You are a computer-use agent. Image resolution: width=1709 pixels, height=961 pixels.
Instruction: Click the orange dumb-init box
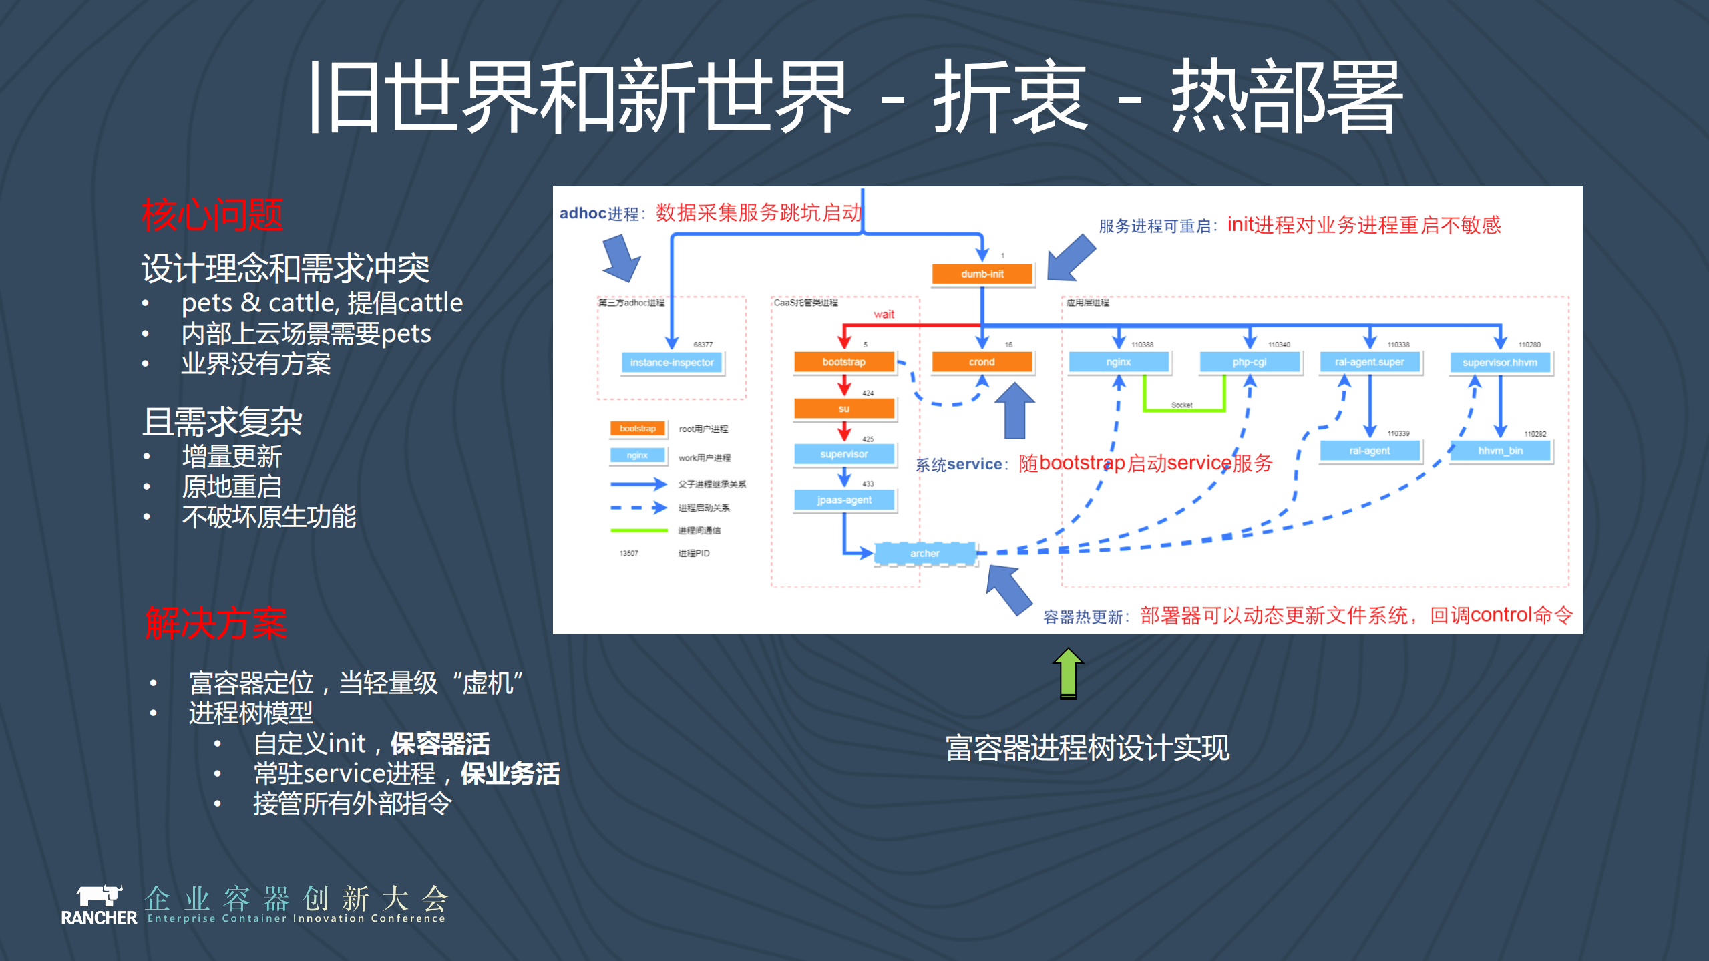(x=982, y=274)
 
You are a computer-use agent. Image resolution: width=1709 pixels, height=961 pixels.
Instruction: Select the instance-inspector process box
(x=671, y=363)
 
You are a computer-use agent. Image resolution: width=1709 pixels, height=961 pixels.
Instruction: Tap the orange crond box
(x=982, y=362)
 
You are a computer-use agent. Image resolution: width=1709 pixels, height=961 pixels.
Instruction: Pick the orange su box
(x=844, y=408)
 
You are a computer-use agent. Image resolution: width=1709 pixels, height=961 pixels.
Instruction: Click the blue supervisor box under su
(x=844, y=454)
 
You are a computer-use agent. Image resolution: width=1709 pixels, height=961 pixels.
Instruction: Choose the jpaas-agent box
(x=844, y=500)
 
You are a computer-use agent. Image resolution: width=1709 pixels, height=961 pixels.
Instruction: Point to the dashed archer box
(x=924, y=553)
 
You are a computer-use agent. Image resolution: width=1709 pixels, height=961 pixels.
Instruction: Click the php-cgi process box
(x=1250, y=362)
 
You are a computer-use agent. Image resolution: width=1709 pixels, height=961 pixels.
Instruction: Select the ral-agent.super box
(x=1369, y=362)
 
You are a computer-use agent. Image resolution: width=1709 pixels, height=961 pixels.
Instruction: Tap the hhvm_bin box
(x=1500, y=451)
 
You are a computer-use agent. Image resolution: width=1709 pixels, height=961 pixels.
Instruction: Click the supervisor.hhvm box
(x=1500, y=363)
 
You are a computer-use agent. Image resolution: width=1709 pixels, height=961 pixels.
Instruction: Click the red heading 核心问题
(x=212, y=215)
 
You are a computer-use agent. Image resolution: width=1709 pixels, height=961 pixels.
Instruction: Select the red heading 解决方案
(x=216, y=623)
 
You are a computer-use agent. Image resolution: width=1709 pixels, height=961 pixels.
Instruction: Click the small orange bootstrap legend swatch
(x=637, y=429)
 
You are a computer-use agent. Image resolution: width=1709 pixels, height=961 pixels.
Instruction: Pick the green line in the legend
(x=638, y=530)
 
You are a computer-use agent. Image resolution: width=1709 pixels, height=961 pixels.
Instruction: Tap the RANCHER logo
(x=99, y=905)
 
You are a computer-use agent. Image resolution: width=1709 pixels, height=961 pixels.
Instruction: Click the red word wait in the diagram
(x=884, y=314)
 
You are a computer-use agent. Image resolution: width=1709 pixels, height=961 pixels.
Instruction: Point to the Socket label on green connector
(x=1181, y=405)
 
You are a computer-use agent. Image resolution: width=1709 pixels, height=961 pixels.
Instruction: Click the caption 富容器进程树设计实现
(x=1087, y=747)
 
